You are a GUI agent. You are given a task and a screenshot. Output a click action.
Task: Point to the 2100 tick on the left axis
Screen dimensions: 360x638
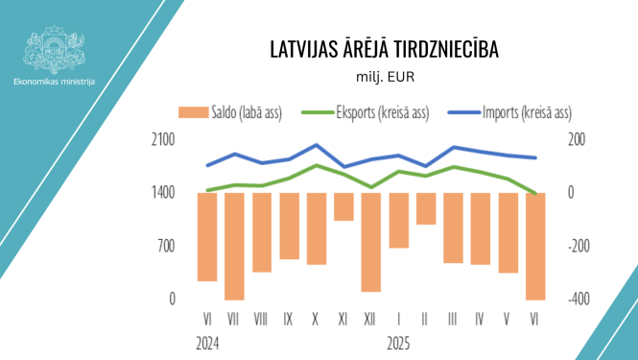click(x=163, y=139)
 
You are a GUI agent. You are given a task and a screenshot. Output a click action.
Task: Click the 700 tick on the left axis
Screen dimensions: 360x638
click(x=166, y=246)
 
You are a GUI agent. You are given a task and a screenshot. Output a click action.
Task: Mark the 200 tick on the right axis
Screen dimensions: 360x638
click(x=578, y=139)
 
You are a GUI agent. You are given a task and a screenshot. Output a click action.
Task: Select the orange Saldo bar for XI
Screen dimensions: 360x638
click(x=343, y=206)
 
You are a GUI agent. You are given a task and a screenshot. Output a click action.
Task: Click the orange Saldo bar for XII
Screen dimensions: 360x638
click(x=371, y=242)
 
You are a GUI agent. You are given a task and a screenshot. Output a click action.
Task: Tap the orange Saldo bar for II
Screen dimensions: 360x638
click(x=426, y=208)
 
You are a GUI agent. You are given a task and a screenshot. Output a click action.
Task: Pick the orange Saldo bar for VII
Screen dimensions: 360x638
click(x=234, y=246)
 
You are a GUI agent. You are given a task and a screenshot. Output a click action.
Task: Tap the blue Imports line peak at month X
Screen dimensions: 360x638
click(x=317, y=145)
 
